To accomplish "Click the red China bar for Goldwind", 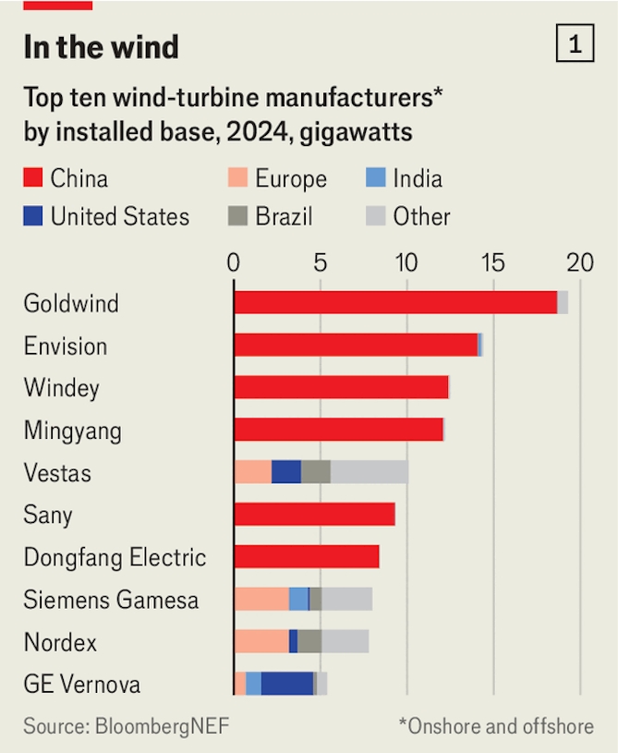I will pyautogui.click(x=395, y=302).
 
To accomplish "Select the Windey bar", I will pyautogui.click(x=341, y=387).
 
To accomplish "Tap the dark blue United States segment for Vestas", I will pyautogui.click(x=286, y=471).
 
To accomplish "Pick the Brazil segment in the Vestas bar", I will pyautogui.click(x=316, y=471).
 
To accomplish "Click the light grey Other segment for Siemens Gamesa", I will pyautogui.click(x=347, y=599).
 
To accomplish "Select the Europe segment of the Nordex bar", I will pyautogui.click(x=261, y=641).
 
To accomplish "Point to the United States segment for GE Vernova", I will pyautogui.click(x=287, y=684).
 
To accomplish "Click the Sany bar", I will pyautogui.click(x=314, y=514).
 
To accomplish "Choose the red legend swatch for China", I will pyautogui.click(x=33, y=178).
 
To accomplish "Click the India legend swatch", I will pyautogui.click(x=374, y=178).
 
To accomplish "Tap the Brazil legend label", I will pyautogui.click(x=284, y=217).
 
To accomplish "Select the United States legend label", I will pyautogui.click(x=119, y=217).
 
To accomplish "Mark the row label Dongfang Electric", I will pyautogui.click(x=115, y=557).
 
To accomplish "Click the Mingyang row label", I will pyautogui.click(x=72, y=431).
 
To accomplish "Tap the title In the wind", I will pyautogui.click(x=101, y=46).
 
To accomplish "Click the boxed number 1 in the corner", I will pyautogui.click(x=575, y=44).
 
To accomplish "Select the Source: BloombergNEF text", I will pyautogui.click(x=126, y=726).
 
